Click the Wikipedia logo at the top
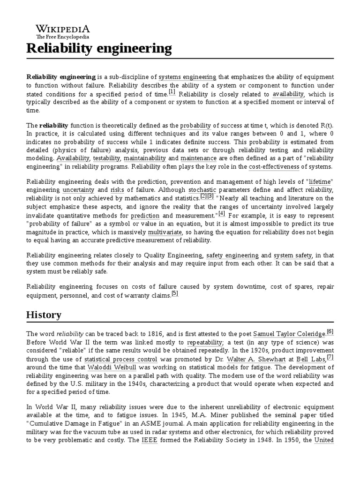point(58,31)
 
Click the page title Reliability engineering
point(99,48)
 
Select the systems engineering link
point(187,77)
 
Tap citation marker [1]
point(172,93)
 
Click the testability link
point(106,158)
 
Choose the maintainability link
point(144,158)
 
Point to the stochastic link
point(202,190)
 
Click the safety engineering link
point(232,255)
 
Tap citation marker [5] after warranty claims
point(175,294)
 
